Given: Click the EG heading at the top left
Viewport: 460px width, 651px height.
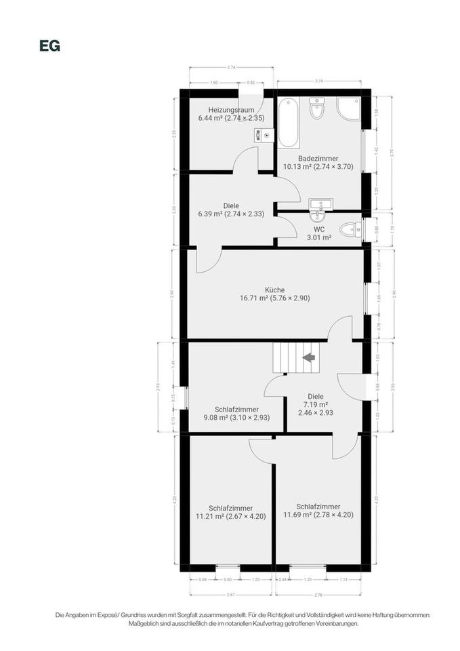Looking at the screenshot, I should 50,46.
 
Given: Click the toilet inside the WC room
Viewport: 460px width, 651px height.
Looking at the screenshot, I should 350,229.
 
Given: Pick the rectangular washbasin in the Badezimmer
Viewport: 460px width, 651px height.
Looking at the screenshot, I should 317,203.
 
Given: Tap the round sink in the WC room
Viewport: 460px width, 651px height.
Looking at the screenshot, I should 317,216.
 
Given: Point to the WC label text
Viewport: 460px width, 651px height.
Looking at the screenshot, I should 318,229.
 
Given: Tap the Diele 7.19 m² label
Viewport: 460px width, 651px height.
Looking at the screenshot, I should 315,404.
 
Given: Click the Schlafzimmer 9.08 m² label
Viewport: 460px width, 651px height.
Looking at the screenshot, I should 236,414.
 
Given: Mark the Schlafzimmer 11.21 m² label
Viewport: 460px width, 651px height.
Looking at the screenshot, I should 230,512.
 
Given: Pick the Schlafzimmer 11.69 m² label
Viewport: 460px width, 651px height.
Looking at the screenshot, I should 318,510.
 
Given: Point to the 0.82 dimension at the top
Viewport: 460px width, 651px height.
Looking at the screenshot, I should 251,83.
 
